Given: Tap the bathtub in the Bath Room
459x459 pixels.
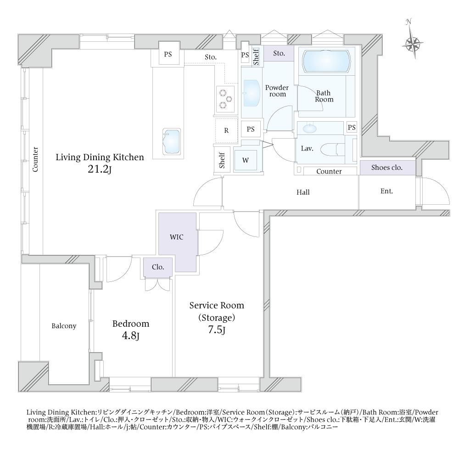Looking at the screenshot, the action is click(x=326, y=62).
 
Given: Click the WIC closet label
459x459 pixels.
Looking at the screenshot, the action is click(x=177, y=237).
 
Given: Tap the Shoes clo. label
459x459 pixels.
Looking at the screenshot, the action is click(x=386, y=168).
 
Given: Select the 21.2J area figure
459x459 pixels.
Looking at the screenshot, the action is click(x=100, y=169).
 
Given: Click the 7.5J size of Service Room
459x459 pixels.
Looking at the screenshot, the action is click(x=217, y=330).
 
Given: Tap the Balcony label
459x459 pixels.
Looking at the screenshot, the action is click(x=64, y=326).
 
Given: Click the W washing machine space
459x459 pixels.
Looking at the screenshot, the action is click(x=246, y=160).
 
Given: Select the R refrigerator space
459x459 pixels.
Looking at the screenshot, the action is click(x=226, y=130).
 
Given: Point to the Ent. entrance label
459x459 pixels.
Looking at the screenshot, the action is click(x=386, y=191).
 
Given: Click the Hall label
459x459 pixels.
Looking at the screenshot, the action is click(x=303, y=192).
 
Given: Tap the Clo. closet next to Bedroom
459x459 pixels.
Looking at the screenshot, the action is click(x=158, y=267).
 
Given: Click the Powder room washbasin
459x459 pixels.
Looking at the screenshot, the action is click(x=252, y=93).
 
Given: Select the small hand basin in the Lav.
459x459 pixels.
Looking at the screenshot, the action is click(x=308, y=128).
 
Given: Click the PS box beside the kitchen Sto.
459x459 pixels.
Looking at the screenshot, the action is click(x=168, y=54).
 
